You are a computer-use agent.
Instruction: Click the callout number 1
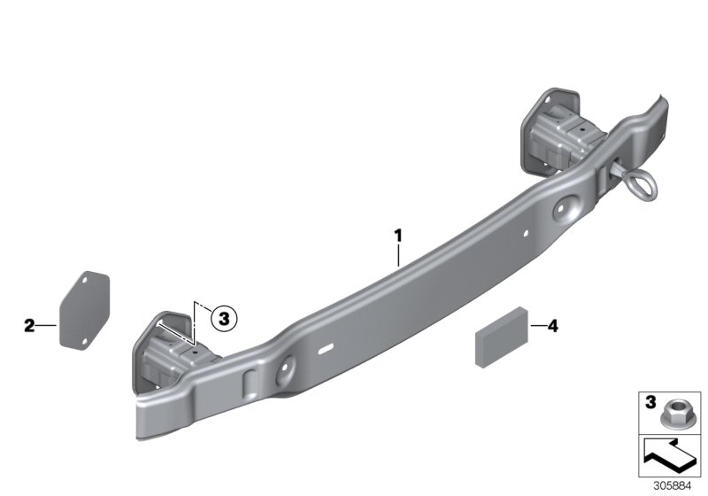point(398,236)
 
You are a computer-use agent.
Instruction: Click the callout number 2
point(29,326)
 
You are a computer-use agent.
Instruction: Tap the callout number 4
point(553,327)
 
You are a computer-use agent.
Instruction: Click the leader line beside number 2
point(46,326)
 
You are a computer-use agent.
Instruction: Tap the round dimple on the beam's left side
point(289,370)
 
